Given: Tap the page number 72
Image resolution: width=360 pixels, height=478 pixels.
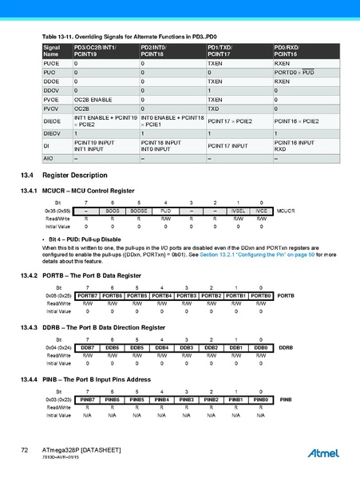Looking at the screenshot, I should tap(25, 452).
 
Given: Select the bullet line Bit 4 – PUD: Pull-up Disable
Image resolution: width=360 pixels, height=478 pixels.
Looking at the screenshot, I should tap(80, 239).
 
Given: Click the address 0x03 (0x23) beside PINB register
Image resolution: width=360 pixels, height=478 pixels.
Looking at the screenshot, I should tap(59, 399).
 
